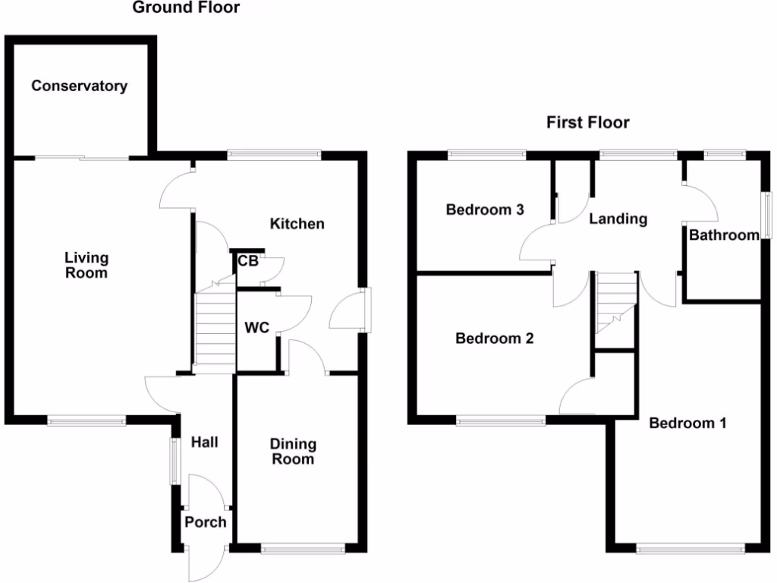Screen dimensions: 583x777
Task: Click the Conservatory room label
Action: [79, 86]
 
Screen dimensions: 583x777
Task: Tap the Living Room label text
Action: [86, 266]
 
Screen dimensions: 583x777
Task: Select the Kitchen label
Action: [297, 223]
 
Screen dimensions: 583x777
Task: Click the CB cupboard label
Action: [248, 262]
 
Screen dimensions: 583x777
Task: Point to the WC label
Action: [256, 329]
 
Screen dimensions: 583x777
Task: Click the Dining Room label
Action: [292, 452]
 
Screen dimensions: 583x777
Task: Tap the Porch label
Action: [206, 522]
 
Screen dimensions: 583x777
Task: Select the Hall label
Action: [204, 442]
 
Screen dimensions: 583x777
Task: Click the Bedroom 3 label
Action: [485, 210]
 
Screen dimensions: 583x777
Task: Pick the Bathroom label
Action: [724, 235]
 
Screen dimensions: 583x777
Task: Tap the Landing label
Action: [618, 219]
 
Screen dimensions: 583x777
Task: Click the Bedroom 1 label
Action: [687, 423]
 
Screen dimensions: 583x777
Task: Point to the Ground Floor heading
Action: [186, 8]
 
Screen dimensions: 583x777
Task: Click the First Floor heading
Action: [588, 122]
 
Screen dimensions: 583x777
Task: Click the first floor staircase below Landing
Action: [615, 300]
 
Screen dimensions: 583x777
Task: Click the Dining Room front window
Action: [304, 545]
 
